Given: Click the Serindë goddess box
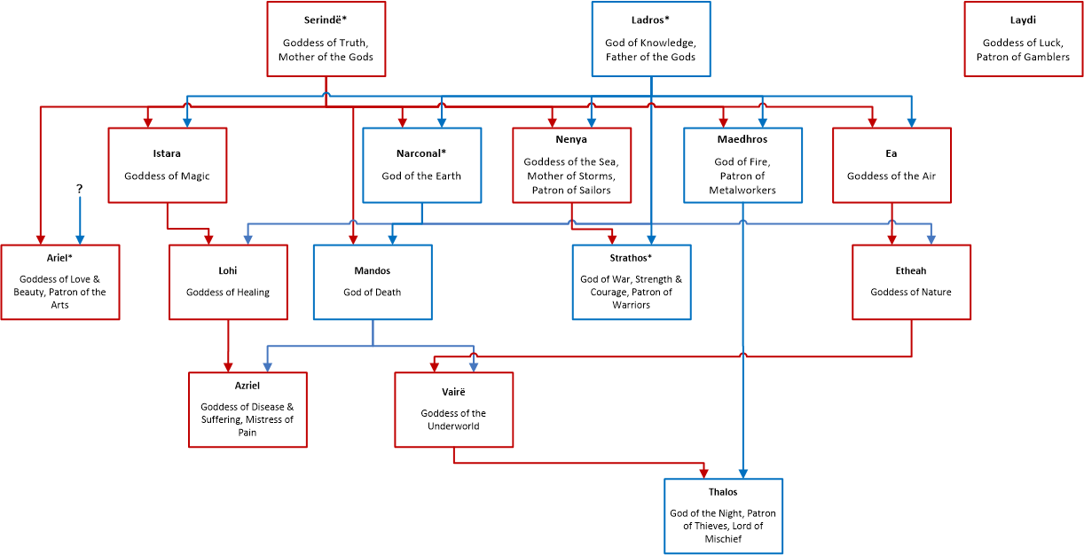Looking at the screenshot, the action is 326,39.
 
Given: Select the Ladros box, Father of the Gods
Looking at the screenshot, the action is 651,39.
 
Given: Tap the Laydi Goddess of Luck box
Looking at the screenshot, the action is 1023,39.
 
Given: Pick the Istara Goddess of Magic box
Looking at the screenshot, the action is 168,165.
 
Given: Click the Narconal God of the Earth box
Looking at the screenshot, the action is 422,165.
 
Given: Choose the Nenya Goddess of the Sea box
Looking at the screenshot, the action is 571,165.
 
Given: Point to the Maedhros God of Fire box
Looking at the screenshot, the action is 742,165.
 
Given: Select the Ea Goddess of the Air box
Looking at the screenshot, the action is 892,165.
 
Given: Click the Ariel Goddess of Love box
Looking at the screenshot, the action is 60,282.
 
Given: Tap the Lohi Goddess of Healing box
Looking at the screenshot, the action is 228,282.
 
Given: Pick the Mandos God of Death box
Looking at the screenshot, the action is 373,282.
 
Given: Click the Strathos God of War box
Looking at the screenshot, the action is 632,282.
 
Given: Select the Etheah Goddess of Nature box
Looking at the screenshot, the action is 911,282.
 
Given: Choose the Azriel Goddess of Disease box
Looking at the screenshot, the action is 247,410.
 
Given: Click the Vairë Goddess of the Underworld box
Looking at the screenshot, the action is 454,410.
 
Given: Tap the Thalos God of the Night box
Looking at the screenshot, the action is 724,516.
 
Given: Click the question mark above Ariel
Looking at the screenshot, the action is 79,189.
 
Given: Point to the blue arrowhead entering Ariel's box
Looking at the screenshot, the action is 80,240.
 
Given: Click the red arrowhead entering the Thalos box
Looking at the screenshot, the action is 703,473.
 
